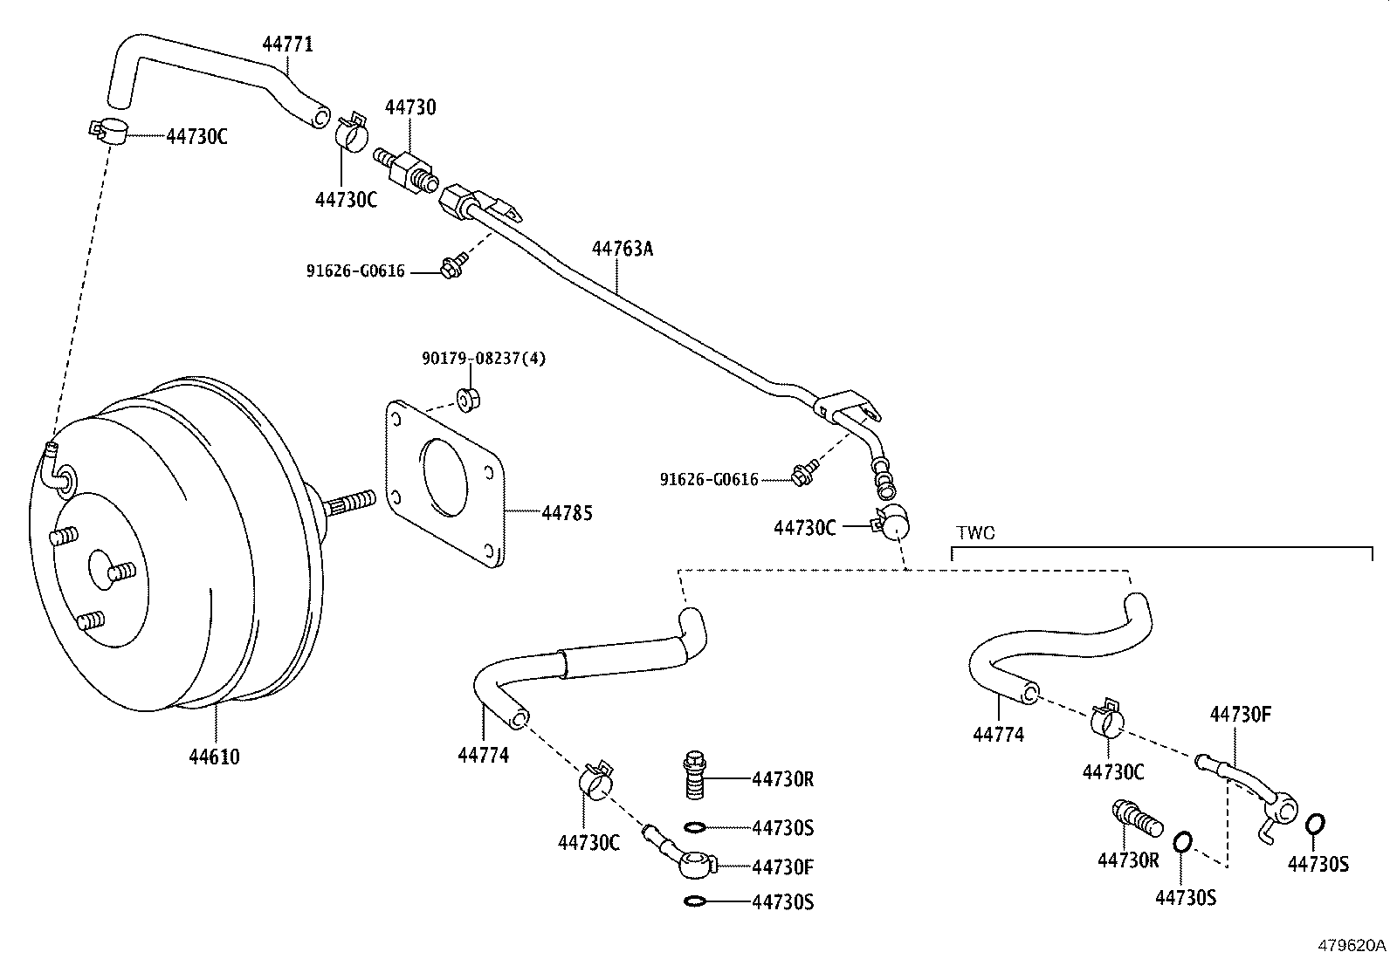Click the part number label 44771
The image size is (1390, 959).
click(x=288, y=44)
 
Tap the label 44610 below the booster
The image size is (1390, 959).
click(x=214, y=757)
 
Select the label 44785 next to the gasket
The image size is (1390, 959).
click(x=567, y=513)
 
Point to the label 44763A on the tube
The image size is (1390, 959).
click(x=623, y=249)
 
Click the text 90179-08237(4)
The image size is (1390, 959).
click(x=484, y=358)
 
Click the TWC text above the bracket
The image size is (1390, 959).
click(x=975, y=532)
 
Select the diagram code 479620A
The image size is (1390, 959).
click(x=1352, y=945)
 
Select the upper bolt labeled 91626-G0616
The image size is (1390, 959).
click(x=452, y=265)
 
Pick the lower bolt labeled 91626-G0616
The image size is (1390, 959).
click(x=802, y=475)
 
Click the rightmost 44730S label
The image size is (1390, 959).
click(x=1318, y=864)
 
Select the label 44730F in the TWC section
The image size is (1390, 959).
click(x=1240, y=714)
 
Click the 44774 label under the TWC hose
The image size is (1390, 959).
click(x=998, y=735)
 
